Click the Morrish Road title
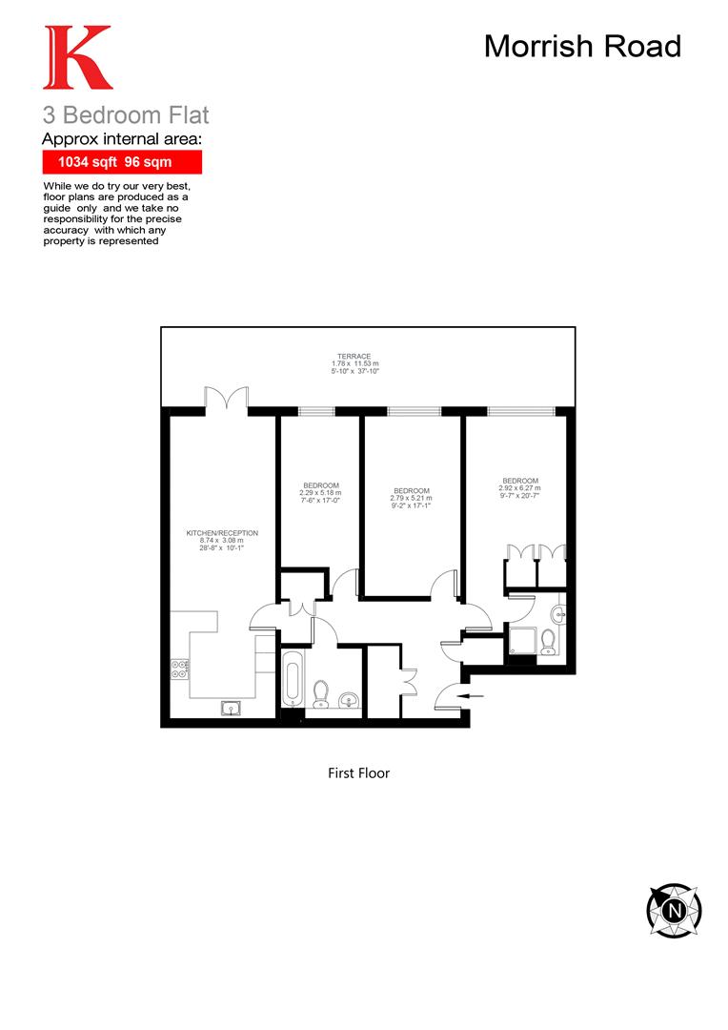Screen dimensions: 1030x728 coord(582,46)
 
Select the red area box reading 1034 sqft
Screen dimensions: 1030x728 coord(121,162)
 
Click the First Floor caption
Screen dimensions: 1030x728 coord(358,773)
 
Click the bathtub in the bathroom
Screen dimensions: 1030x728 coord(293,679)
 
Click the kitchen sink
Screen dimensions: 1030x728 coord(231,707)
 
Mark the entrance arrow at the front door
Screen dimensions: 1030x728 coord(474,697)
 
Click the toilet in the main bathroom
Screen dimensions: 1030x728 coord(321,690)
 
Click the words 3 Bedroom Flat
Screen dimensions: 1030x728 coord(126,116)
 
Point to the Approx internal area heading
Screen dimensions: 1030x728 coord(124,139)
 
